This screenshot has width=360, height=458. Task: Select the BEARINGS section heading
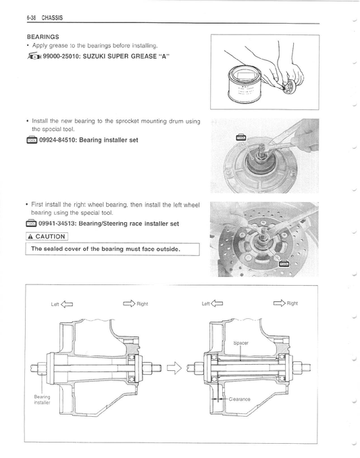pyautogui.click(x=43, y=36)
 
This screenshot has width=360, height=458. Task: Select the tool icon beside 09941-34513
pyautogui.click(x=30, y=223)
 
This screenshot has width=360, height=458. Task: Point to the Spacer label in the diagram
pyautogui.click(x=241, y=343)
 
